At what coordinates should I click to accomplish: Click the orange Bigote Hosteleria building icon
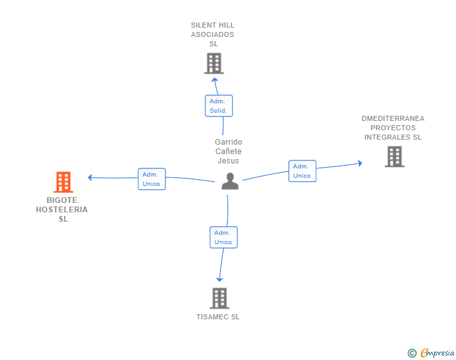(63, 182)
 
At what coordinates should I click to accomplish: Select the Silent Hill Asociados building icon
(214, 63)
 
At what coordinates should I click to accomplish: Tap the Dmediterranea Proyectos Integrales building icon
(394, 157)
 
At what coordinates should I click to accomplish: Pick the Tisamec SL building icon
(219, 298)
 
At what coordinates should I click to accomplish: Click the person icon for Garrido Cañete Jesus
(230, 181)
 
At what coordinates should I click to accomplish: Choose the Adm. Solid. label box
(219, 106)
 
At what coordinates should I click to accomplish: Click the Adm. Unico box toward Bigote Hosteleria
(152, 179)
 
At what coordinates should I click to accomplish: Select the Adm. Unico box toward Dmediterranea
(302, 171)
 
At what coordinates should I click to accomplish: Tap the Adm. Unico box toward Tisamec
(223, 237)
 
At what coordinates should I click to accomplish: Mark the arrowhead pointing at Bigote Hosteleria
(91, 177)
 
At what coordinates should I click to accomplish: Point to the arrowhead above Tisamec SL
(219, 279)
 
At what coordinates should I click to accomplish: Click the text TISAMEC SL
(218, 317)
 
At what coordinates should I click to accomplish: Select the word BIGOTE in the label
(62, 200)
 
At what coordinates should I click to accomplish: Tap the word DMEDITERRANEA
(393, 118)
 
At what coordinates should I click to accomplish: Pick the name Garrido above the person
(228, 142)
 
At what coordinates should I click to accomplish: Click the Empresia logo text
(437, 353)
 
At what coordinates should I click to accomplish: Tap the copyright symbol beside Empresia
(412, 353)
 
